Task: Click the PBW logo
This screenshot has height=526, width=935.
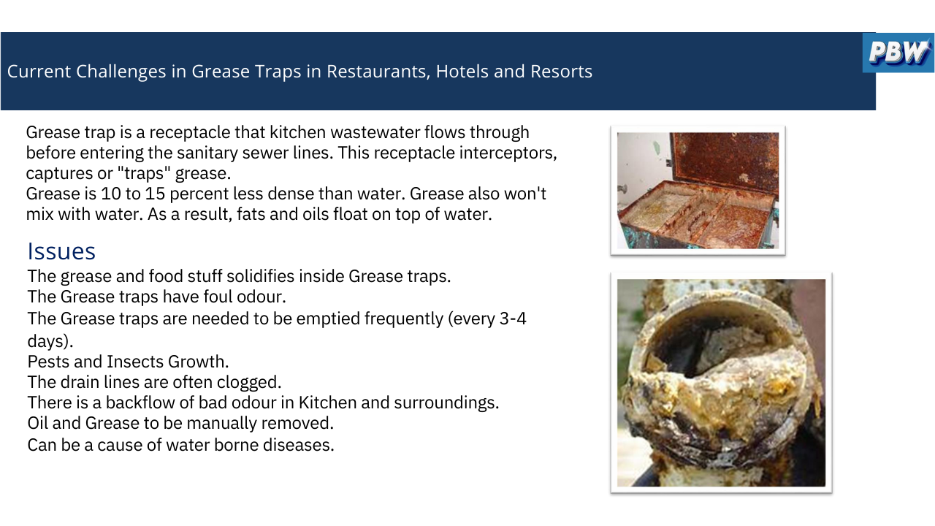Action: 898,53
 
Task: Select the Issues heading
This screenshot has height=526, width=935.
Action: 61,251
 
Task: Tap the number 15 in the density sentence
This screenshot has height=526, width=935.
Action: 155,194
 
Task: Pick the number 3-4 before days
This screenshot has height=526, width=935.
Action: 513,319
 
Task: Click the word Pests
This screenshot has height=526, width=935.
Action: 48,362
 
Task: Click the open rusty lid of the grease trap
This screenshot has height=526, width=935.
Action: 725,161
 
